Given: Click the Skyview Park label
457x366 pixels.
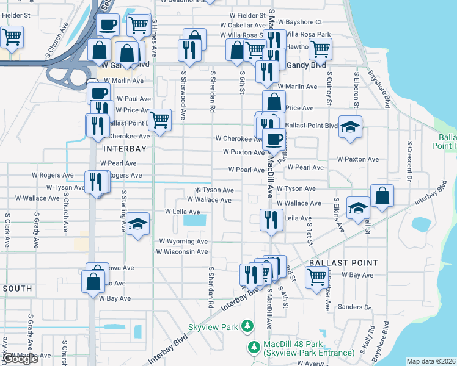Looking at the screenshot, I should (x=221, y=327).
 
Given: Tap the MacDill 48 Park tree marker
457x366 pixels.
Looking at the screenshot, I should (x=255, y=347).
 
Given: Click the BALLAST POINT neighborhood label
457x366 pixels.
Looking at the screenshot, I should (x=340, y=262).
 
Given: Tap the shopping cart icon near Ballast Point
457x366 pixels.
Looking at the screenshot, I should (x=316, y=277).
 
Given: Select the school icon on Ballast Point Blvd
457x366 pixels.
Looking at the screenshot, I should (x=350, y=127).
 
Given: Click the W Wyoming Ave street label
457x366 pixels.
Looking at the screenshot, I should (x=183, y=242).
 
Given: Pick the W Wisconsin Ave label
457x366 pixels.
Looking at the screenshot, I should (x=183, y=251).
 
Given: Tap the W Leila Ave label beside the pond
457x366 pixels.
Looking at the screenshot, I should (x=183, y=212).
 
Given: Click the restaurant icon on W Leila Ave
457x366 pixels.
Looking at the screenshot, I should (x=271, y=219).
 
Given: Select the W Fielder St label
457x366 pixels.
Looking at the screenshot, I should (x=247, y=15).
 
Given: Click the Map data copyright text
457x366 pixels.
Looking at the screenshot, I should (x=431, y=361).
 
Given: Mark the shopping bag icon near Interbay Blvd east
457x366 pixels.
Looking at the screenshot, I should (x=382, y=196).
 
